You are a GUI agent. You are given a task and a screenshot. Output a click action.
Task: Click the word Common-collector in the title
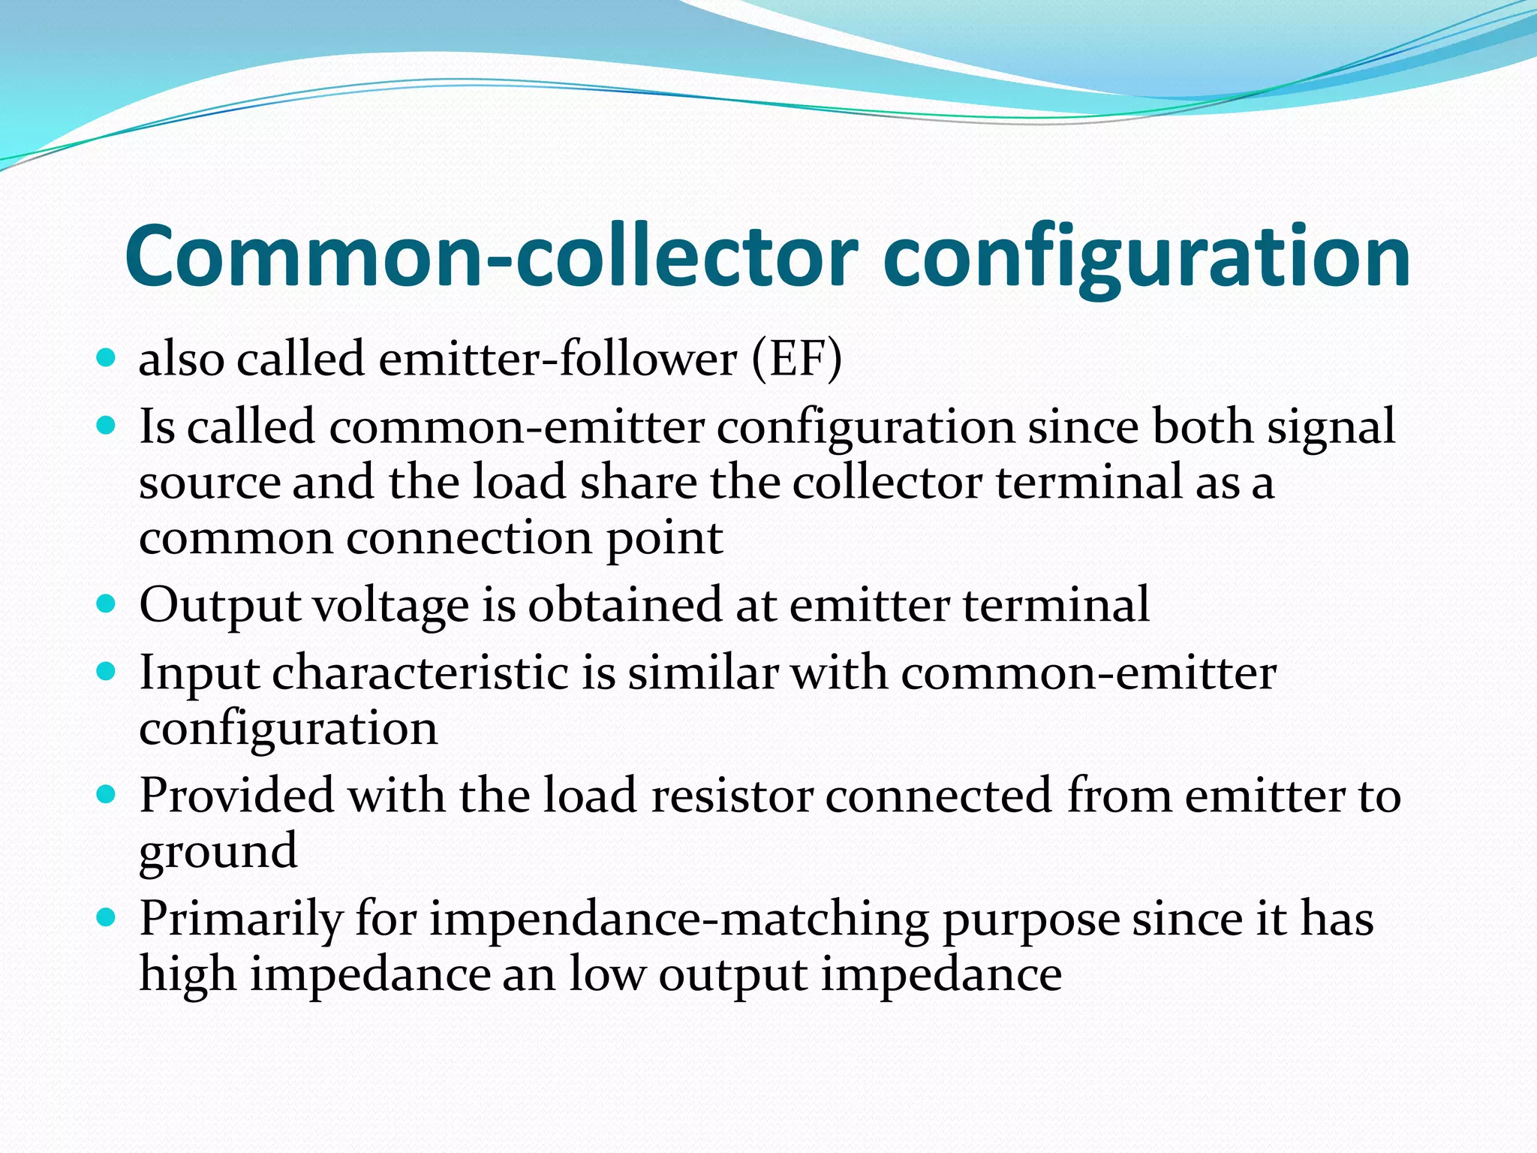pos(491,257)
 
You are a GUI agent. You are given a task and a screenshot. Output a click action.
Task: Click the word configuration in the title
pos(1147,257)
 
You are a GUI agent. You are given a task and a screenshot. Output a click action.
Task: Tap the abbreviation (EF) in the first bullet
pos(797,359)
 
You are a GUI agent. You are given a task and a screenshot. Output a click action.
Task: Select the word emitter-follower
pos(558,359)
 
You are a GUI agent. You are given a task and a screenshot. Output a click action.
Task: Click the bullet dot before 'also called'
pos(107,357)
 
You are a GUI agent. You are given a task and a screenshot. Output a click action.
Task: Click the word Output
pos(220,605)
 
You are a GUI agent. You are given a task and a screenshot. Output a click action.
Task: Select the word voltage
pos(391,605)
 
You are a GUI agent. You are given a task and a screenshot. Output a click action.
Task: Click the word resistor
pos(732,796)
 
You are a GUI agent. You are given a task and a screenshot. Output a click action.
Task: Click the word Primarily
pos(241,919)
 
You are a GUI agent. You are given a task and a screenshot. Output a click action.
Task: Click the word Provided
pos(237,796)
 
